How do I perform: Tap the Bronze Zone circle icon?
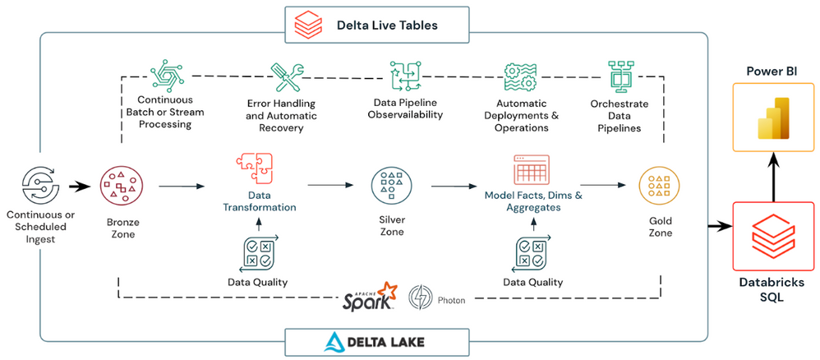pos(121,186)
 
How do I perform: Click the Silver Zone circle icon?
pos(391,186)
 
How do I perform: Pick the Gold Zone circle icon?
pos(661,186)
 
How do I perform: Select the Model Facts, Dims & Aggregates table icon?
pos(530,171)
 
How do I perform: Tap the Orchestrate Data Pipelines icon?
pos(619,76)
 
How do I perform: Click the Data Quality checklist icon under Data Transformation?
pos(259,252)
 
